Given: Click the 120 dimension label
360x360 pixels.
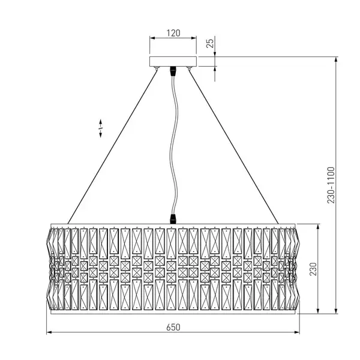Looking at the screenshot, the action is click(x=173, y=33).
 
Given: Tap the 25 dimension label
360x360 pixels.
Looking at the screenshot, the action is click(x=210, y=43).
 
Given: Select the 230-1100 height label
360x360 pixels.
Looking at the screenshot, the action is click(x=331, y=185).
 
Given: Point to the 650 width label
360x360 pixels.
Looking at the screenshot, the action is click(x=173, y=327).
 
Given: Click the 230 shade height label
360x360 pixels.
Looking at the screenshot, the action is click(x=313, y=269).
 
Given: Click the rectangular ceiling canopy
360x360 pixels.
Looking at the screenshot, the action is click(x=173, y=62).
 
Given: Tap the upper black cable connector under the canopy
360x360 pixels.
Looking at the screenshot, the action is click(x=173, y=71).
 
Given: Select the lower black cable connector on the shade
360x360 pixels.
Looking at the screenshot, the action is click(x=173, y=219).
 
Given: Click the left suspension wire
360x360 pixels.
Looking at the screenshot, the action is click(x=113, y=146).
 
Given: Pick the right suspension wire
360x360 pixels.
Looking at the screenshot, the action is click(x=233, y=146).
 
